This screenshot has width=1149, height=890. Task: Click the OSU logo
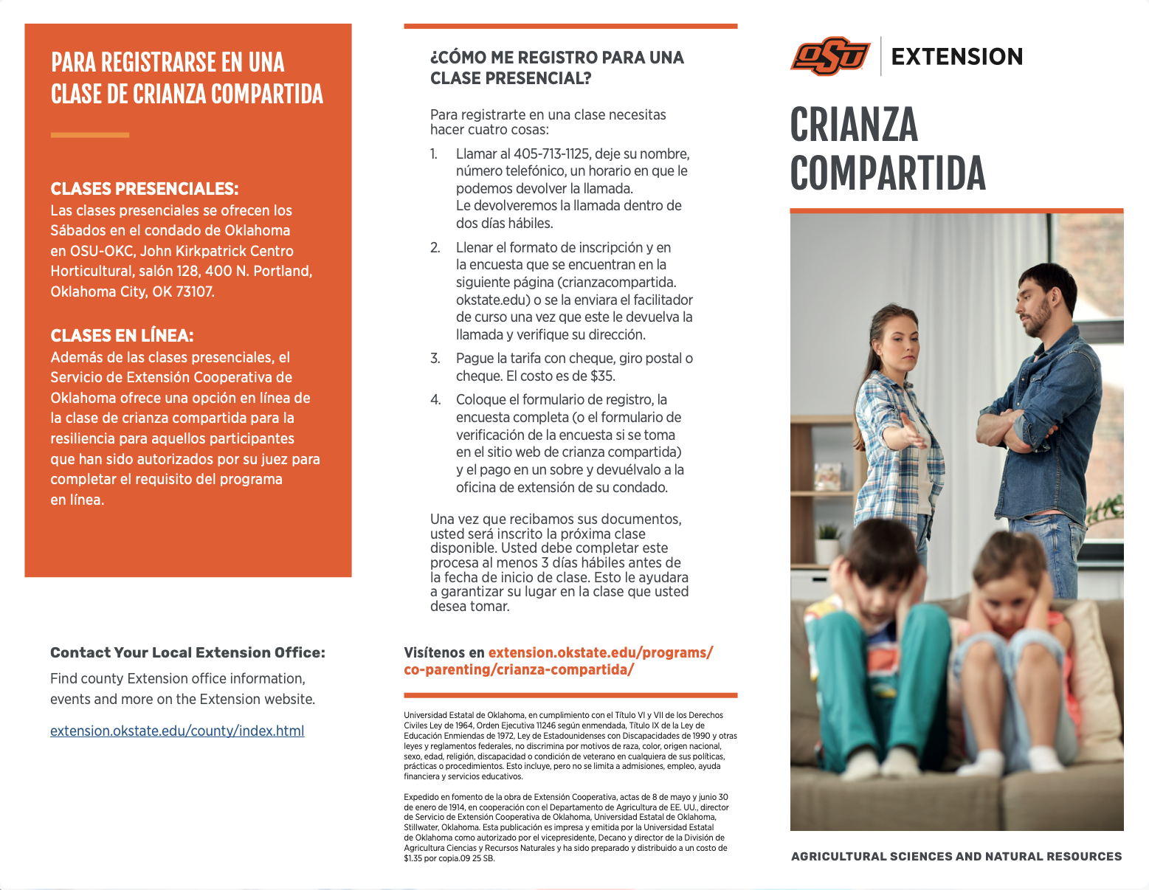tap(830, 56)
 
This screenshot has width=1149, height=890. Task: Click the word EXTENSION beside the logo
tap(956, 57)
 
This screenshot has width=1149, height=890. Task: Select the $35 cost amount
tap(603, 376)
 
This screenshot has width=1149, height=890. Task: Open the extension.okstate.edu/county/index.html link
tap(177, 731)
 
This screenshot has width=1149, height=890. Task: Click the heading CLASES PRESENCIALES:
tap(145, 189)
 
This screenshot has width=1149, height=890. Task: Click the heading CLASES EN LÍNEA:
tap(123, 336)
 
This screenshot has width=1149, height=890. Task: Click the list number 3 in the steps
tap(435, 359)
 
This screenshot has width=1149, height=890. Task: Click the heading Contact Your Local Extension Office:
tap(187, 652)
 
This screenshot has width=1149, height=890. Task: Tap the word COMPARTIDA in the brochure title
tap(888, 174)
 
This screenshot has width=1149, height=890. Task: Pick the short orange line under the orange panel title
tap(90, 135)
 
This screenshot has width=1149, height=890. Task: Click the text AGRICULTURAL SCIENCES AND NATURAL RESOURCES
tap(956, 857)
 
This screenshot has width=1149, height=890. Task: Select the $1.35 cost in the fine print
tap(415, 858)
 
